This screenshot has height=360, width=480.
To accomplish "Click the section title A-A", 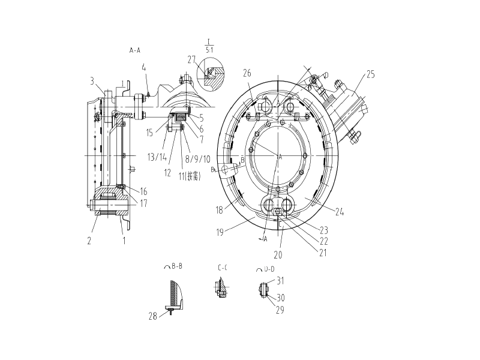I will (x=135, y=51).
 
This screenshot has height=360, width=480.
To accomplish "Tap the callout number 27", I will (x=192, y=59).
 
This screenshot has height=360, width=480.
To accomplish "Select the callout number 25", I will (x=370, y=74).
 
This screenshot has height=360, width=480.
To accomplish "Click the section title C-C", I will (x=222, y=268).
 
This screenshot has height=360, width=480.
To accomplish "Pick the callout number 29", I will (x=280, y=310).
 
